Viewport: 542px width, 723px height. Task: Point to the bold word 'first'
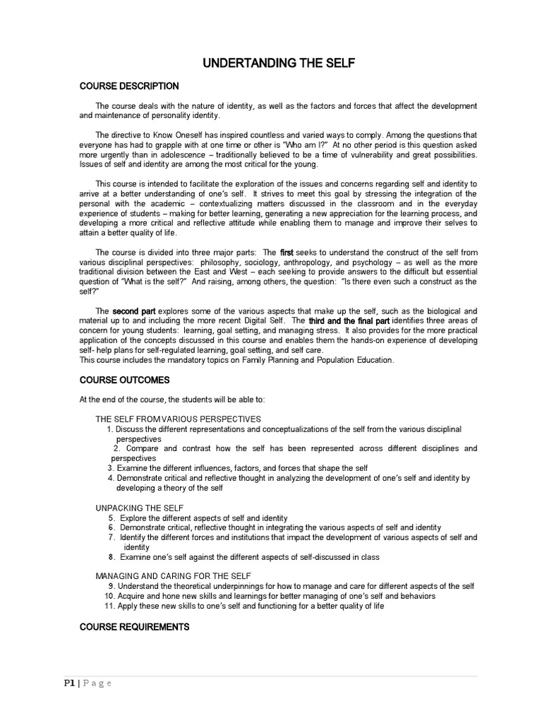[287, 253]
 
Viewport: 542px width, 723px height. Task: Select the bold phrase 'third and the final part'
[349, 321]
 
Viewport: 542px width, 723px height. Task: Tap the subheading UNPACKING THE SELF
[140, 508]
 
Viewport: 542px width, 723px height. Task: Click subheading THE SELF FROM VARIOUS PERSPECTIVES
[178, 419]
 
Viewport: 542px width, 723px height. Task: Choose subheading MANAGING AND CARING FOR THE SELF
[173, 576]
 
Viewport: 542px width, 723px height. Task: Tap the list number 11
[109, 607]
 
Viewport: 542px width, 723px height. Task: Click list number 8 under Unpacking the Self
[112, 557]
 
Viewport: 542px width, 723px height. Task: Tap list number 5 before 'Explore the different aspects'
[112, 518]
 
